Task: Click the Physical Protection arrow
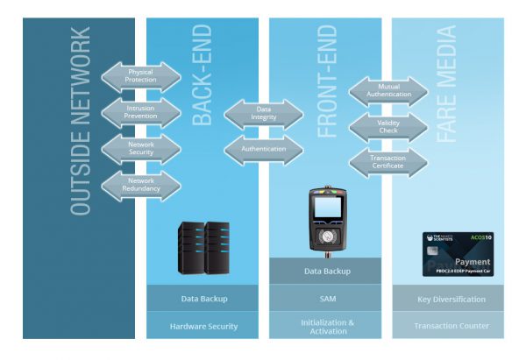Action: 141,76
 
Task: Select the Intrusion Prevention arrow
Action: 141,113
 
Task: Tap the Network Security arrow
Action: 141,149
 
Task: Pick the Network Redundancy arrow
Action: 141,186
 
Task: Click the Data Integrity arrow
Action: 263,113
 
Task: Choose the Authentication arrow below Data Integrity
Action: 263,149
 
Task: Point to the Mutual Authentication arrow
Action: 388,91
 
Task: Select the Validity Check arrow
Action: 388,128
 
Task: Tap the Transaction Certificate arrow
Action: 388,161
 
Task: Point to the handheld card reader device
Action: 327,222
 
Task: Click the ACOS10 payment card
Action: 458,255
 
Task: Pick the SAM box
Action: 327,299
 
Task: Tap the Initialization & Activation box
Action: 327,326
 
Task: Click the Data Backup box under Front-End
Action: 327,272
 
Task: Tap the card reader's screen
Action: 327,209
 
